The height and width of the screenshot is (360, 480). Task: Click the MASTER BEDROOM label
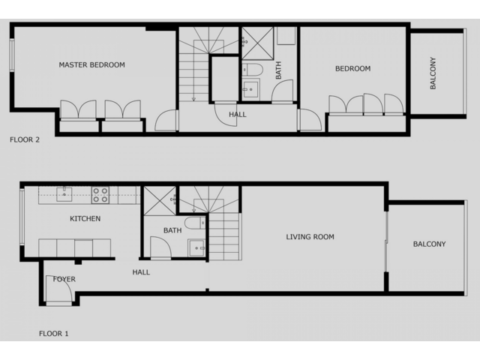(x=91, y=65)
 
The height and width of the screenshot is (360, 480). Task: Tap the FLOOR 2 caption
(x=25, y=140)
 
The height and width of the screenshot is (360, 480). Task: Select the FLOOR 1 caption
(x=54, y=333)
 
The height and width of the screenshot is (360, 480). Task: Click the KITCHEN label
(x=85, y=218)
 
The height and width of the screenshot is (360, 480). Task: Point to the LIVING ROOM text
(x=310, y=237)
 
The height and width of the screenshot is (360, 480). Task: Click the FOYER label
(x=64, y=279)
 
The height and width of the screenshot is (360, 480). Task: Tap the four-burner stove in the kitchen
(x=100, y=195)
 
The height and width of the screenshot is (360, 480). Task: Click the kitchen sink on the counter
(x=64, y=194)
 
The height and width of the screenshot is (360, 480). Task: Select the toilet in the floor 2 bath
(x=253, y=70)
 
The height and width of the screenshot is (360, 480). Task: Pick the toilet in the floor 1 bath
(x=195, y=223)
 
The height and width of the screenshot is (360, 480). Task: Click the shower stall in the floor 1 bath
(x=160, y=200)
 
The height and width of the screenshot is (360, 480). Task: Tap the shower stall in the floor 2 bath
(x=258, y=43)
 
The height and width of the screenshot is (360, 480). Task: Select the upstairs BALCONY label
(x=433, y=73)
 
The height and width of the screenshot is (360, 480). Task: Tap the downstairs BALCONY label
(x=430, y=244)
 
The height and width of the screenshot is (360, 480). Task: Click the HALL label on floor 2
(x=238, y=115)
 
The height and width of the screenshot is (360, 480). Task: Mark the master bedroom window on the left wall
(x=12, y=55)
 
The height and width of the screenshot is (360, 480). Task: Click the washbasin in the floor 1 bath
(x=196, y=247)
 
